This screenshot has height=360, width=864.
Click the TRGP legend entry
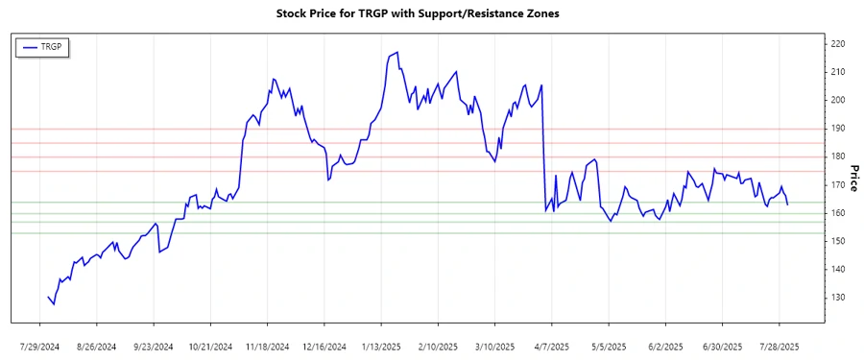44,46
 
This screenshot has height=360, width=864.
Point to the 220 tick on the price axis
837,44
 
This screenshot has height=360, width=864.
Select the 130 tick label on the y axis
837,298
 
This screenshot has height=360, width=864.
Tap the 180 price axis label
837,156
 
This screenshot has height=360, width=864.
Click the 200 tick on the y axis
837,100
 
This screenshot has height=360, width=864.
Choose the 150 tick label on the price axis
837,241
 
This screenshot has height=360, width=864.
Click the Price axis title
854,178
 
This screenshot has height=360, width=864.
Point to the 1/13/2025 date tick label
381,346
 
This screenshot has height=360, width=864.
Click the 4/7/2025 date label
552,346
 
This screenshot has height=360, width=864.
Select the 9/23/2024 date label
154,346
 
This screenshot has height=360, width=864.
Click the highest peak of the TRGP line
396,54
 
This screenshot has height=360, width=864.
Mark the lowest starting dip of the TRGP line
54,304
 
